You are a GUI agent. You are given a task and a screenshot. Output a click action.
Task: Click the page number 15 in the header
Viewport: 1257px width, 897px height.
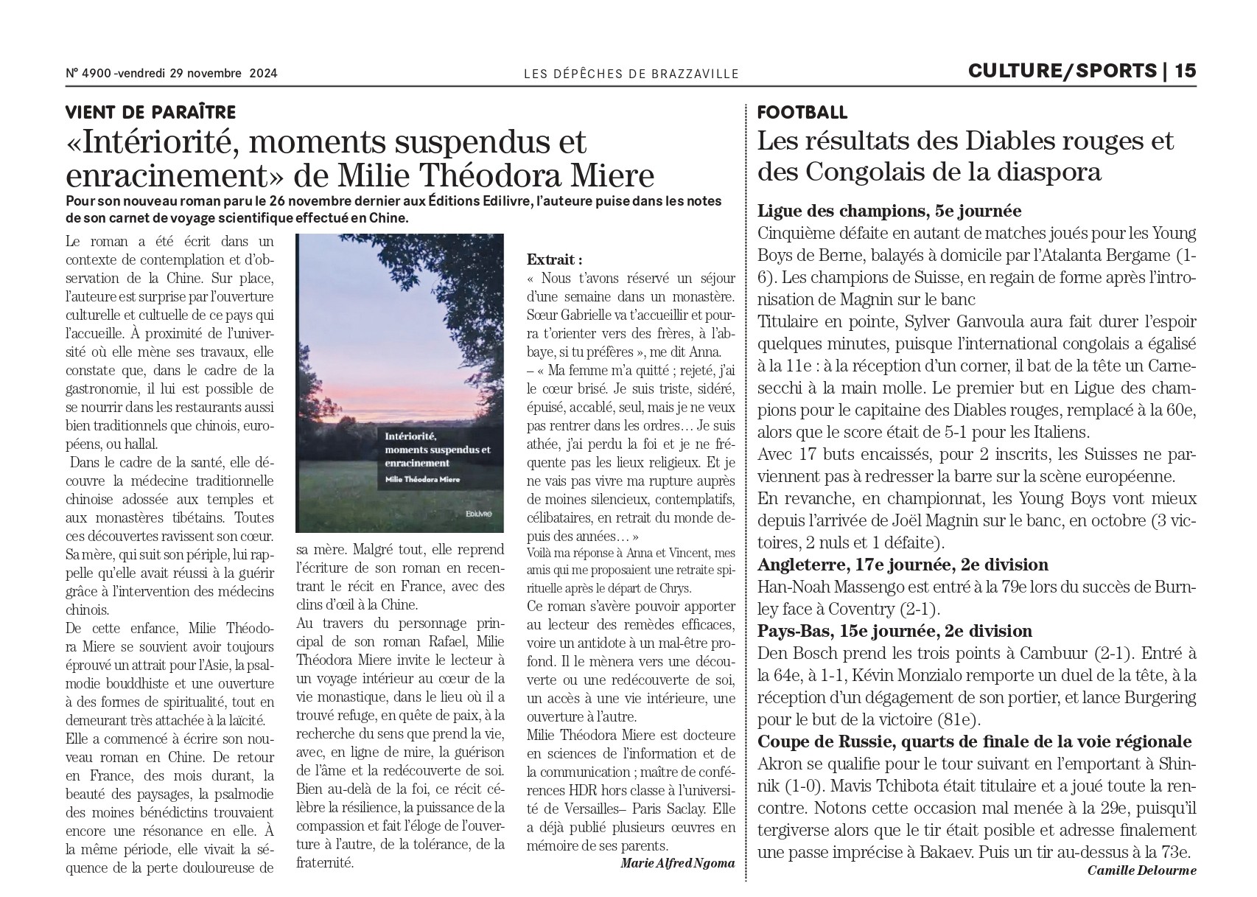click(1185, 71)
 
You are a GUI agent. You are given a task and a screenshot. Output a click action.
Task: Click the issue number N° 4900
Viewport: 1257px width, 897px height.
click(88, 73)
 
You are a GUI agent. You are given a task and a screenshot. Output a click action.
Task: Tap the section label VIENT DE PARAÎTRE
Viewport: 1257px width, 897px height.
click(150, 112)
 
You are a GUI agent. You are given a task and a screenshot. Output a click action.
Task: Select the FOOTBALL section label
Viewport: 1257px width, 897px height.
click(802, 112)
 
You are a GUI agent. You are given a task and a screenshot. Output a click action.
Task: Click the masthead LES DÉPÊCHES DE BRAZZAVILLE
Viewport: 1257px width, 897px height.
click(631, 73)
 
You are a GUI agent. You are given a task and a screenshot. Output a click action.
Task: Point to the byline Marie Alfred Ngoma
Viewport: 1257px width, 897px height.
click(678, 862)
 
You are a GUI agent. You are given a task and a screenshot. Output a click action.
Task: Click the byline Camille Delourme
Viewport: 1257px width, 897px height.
click(1141, 870)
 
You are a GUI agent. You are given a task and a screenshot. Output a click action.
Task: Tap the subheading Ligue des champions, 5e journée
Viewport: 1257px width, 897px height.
click(889, 211)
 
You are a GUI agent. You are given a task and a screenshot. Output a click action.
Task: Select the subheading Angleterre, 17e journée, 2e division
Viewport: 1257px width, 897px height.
click(903, 565)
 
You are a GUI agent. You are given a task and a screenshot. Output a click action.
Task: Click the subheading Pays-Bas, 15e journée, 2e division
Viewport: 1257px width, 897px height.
click(894, 631)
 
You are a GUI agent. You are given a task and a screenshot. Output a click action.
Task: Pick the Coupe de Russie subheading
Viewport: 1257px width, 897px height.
click(974, 741)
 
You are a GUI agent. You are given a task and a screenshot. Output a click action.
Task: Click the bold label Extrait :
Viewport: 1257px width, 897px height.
click(554, 259)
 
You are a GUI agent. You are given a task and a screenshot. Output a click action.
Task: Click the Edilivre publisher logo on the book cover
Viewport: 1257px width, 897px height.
click(483, 511)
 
